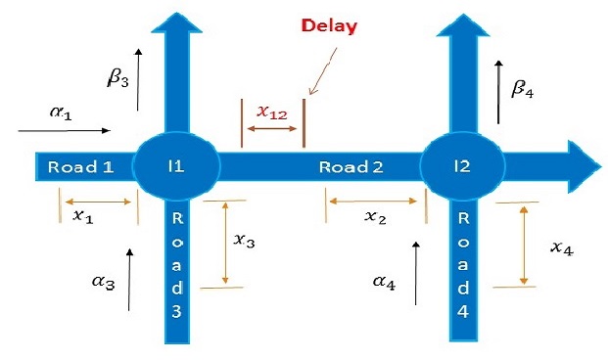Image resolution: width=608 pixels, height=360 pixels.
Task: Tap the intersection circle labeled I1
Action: [x=176, y=166]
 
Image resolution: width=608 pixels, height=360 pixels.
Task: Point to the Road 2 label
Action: [x=351, y=166]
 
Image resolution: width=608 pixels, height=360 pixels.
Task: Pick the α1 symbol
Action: [x=60, y=112]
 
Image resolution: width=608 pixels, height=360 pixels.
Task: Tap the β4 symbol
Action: [x=524, y=89]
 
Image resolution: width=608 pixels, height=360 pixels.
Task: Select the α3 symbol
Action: [x=105, y=283]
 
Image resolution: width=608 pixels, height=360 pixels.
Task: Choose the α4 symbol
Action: [x=385, y=283]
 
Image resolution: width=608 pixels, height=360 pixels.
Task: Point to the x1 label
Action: [x=83, y=216]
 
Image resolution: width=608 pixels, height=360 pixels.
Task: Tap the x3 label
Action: [x=246, y=240]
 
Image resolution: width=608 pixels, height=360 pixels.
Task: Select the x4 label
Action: [x=561, y=248]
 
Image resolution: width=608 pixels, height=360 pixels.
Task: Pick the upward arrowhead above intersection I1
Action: [x=176, y=24]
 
